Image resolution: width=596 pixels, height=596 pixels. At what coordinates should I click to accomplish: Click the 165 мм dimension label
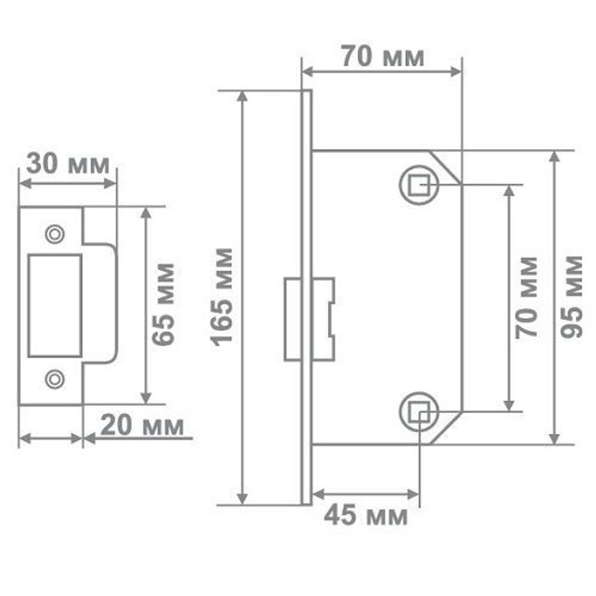223,296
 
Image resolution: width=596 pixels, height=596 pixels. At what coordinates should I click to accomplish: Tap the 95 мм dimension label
572,296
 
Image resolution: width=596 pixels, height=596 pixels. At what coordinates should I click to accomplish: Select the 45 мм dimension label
366,516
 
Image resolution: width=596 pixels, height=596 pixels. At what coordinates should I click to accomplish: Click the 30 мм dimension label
68,163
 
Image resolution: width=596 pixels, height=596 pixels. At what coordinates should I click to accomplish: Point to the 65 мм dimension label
163,304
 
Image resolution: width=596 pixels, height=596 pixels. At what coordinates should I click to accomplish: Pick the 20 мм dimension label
142,426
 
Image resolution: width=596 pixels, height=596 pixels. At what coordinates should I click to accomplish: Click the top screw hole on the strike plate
55,234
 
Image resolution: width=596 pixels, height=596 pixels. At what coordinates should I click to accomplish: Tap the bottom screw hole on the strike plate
55,378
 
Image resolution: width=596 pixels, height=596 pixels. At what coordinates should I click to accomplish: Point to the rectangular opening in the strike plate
55,306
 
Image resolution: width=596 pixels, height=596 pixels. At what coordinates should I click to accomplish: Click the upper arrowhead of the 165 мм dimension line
242,96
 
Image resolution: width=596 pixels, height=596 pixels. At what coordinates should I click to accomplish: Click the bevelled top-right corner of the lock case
447,166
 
